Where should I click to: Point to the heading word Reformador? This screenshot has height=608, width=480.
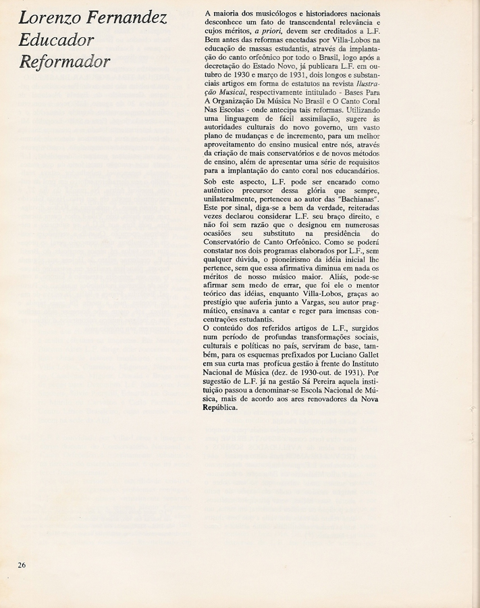(65, 62)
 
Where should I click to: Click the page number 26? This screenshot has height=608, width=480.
(22, 565)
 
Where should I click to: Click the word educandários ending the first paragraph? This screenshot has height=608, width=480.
(354, 171)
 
